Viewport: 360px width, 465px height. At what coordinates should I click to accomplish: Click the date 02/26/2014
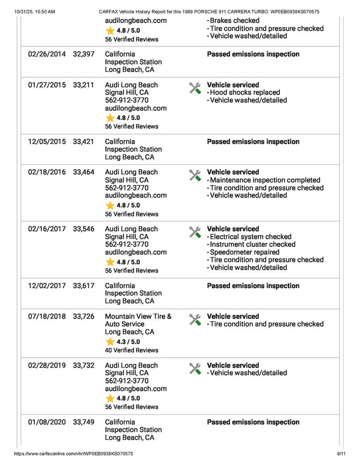coord(47,54)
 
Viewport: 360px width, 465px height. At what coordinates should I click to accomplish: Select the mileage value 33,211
coord(83,85)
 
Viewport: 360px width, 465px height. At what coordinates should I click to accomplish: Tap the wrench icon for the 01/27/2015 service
coord(195,88)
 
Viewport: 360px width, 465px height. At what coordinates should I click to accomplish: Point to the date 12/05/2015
coord(47,142)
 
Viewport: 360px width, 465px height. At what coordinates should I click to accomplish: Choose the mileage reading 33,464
coord(83,172)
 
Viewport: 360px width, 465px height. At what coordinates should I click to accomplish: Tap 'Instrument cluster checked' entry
coord(253,244)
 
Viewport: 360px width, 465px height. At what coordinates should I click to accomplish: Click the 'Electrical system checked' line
coord(251,237)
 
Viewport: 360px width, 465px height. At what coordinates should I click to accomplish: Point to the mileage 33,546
coord(83,229)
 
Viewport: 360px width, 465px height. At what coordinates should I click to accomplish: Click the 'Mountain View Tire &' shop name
coord(138,317)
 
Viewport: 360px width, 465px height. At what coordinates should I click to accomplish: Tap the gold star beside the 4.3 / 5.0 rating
coord(110,342)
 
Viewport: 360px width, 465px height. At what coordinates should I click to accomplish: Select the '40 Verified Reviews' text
coord(132,350)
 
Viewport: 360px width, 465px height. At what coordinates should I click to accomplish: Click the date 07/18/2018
coord(47,317)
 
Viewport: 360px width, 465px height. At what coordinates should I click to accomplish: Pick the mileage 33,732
coord(83,366)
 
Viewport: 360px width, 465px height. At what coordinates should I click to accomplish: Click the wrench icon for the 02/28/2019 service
coord(195,369)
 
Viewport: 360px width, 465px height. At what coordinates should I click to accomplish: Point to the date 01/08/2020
coord(47,422)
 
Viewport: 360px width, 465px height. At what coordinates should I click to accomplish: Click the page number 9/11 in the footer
coord(341,454)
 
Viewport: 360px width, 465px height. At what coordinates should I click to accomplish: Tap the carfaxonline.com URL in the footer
coord(74,454)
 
